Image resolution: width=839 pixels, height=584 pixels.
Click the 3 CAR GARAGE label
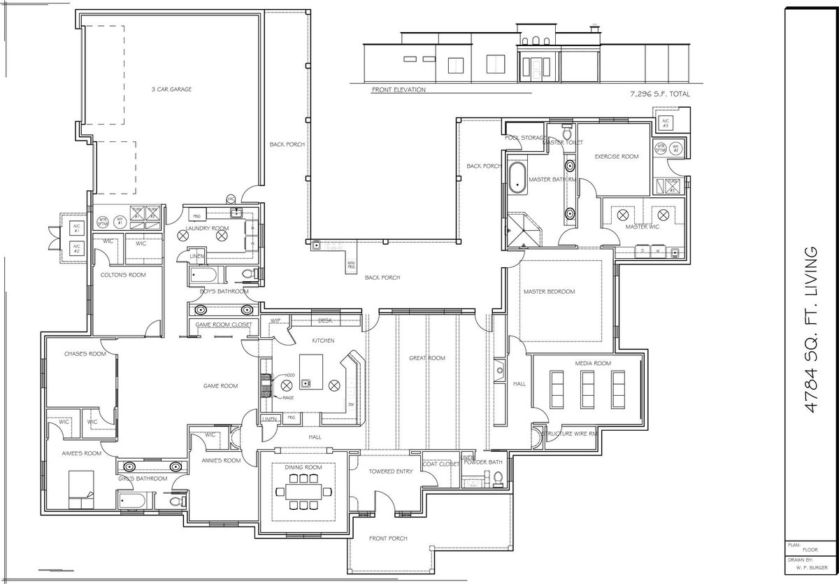(171, 90)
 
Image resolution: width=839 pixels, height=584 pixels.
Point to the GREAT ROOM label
(426, 358)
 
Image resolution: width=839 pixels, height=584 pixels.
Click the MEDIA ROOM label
(593, 364)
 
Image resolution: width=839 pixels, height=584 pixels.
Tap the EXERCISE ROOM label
(617, 157)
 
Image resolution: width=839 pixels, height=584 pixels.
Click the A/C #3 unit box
(662, 124)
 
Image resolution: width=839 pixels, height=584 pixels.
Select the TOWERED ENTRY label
(390, 471)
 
